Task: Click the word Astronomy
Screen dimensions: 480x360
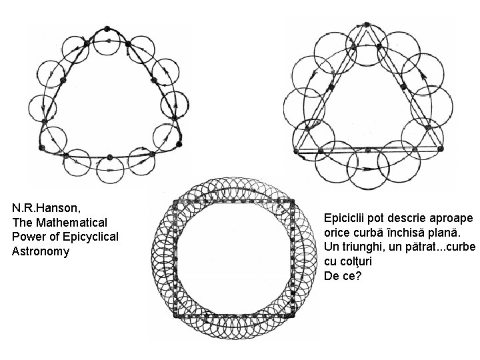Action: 41,251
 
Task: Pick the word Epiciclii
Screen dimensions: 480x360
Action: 345,218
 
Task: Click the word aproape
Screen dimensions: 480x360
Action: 453,219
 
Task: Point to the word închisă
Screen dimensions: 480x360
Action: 408,233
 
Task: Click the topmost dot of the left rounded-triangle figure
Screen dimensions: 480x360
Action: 106,29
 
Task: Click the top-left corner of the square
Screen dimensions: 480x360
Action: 174,201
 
